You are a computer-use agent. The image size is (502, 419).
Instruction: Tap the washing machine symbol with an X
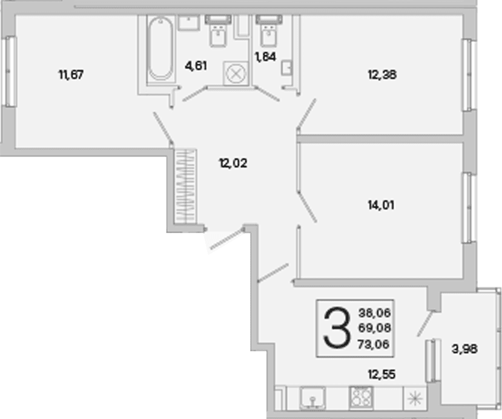click(x=236, y=73)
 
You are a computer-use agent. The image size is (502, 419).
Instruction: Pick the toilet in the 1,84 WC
click(x=269, y=30)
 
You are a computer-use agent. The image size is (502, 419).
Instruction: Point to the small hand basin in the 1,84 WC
click(x=287, y=68)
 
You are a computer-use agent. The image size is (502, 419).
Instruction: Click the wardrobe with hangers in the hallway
click(x=185, y=186)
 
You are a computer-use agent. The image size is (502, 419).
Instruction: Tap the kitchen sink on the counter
click(x=313, y=398)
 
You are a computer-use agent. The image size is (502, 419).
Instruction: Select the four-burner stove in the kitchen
click(x=361, y=397)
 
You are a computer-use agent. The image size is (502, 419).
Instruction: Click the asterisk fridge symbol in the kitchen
click(x=415, y=398)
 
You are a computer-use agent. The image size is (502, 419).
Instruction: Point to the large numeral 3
click(x=336, y=327)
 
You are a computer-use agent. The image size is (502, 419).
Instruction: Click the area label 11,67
click(x=71, y=75)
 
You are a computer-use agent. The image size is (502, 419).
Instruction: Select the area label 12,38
click(x=382, y=75)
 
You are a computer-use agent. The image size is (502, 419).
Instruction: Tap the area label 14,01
click(x=381, y=205)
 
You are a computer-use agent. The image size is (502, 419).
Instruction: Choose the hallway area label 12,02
click(x=233, y=163)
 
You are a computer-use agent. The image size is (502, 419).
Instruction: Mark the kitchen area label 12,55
click(x=381, y=374)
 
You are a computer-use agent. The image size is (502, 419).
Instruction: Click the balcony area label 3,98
click(x=464, y=349)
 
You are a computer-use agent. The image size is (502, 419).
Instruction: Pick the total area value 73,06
click(x=374, y=344)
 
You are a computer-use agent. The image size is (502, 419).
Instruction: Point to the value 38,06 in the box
click(x=375, y=312)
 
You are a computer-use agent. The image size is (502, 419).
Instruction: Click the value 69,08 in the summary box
click(x=375, y=328)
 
